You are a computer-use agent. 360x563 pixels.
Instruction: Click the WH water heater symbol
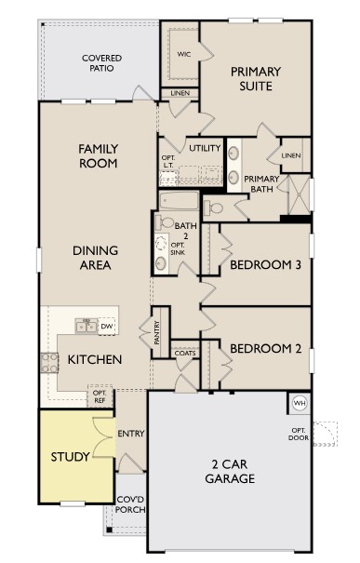(300, 403)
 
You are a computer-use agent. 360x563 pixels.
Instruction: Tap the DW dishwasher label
(107, 326)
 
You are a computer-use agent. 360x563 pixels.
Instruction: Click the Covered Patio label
(101, 63)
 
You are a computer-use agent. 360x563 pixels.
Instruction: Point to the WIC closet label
(183, 54)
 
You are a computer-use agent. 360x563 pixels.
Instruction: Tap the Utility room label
(204, 148)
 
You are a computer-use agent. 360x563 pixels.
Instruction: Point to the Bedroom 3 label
(265, 264)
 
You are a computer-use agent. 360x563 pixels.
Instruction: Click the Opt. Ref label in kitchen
(100, 396)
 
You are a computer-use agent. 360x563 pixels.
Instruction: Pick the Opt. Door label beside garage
(299, 434)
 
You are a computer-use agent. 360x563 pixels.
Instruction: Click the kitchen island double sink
(86, 326)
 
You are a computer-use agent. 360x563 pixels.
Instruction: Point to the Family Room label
(97, 155)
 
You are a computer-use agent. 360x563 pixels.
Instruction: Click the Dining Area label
(94, 258)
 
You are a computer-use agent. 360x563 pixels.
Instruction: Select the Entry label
(128, 434)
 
